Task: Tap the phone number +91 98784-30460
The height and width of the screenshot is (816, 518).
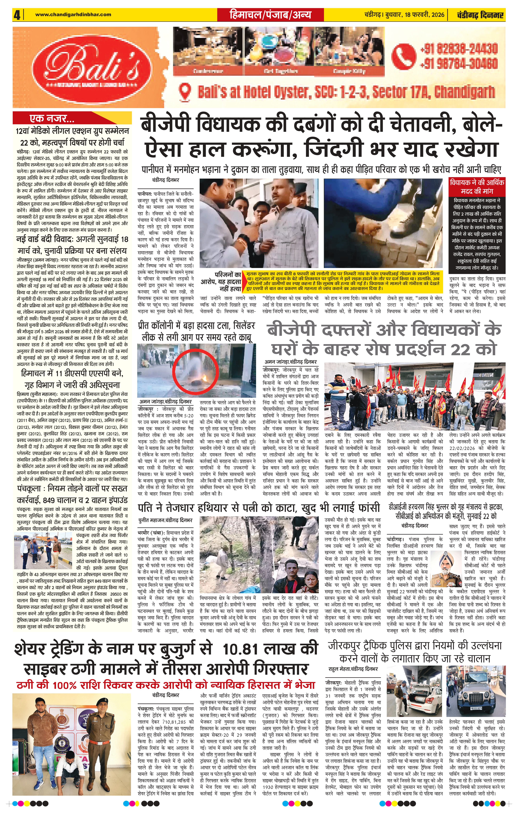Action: tap(458, 63)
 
